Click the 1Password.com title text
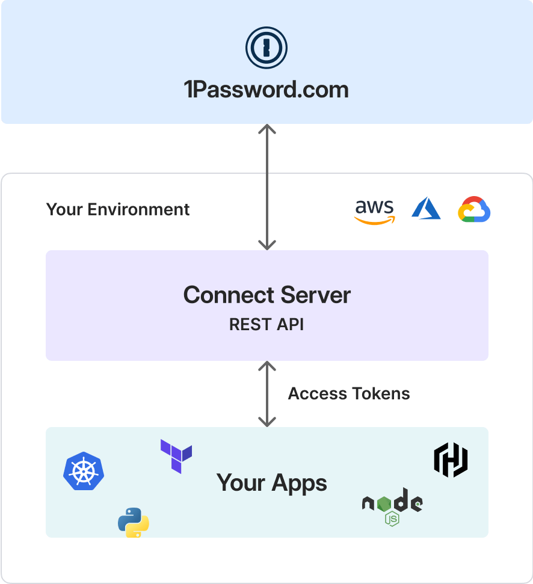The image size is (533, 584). click(266, 90)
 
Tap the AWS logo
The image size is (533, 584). click(374, 211)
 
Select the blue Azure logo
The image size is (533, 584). click(426, 209)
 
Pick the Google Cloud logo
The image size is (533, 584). click(474, 209)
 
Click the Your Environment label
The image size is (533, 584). click(118, 209)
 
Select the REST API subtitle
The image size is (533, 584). click(266, 325)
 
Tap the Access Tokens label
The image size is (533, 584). click(349, 394)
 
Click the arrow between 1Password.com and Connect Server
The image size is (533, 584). click(266, 187)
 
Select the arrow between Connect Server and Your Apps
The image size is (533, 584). click(266, 394)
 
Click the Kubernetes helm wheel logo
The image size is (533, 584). click(84, 471)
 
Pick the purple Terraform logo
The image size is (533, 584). click(176, 456)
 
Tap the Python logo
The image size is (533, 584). click(134, 522)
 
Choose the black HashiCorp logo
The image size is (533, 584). click(451, 460)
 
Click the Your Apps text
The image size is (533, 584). click(272, 482)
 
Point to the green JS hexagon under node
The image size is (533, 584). click(392, 518)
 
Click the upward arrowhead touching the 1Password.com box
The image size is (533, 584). click(266, 129)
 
